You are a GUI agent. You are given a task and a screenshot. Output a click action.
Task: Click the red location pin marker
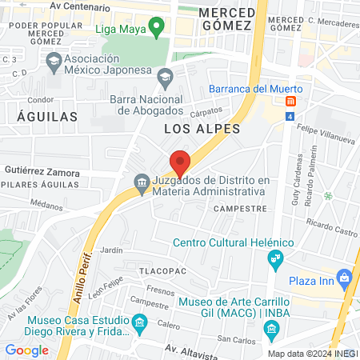pyautogui.click(x=180, y=162)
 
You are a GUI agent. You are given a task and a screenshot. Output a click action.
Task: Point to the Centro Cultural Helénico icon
pyautogui.click(x=276, y=258)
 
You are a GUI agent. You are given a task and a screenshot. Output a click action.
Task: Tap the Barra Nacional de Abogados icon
pyautogui.click(x=166, y=78)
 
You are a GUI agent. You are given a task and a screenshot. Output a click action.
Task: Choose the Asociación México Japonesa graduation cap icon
pyautogui.click(x=53, y=60)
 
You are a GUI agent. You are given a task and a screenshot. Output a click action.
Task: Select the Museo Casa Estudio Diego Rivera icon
pyautogui.click(x=141, y=324)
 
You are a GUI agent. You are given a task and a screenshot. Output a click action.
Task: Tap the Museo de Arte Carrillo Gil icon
pyautogui.click(x=271, y=328)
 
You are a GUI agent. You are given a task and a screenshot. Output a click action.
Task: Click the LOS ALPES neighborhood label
pyautogui.click(x=191, y=128)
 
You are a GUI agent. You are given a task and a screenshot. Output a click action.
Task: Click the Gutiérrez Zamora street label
pyautogui.click(x=42, y=172)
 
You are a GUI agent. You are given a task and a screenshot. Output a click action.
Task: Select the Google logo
pyautogui.click(x=26, y=350)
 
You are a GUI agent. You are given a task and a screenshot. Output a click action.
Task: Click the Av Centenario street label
pyautogui.click(x=78, y=5)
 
